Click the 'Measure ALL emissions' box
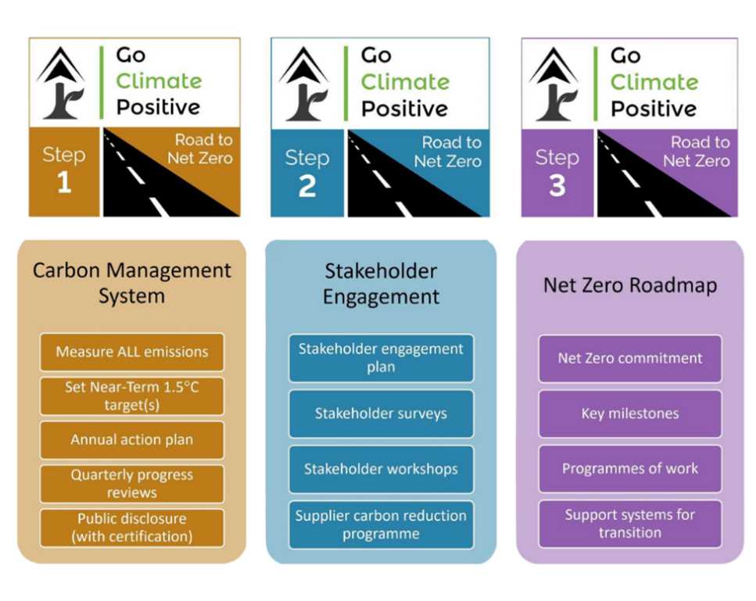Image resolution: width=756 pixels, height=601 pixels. click(x=131, y=352)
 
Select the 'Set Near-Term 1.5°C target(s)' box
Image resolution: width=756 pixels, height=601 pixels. click(x=131, y=396)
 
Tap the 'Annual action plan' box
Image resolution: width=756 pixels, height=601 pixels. click(x=131, y=440)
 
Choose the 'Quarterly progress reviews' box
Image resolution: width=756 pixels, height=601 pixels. click(x=131, y=484)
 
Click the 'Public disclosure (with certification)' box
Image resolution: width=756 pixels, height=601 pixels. click(x=131, y=528)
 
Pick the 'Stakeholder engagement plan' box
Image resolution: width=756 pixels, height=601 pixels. click(x=381, y=358)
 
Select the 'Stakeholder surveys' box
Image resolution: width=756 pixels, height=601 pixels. click(x=381, y=413)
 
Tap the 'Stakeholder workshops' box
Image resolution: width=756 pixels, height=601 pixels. click(x=381, y=469)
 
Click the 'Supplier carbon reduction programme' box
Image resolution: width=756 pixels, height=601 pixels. click(x=381, y=525)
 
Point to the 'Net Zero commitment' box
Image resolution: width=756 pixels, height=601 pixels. click(x=630, y=359)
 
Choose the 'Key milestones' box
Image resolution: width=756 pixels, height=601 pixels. click(x=630, y=413)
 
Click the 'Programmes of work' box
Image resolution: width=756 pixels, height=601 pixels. click(x=630, y=468)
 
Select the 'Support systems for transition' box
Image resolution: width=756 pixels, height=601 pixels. click(x=630, y=524)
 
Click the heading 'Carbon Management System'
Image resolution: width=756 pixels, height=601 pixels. click(x=131, y=283)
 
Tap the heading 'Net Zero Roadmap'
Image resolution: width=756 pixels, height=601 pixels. click(x=630, y=285)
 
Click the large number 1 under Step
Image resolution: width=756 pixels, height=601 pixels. click(x=64, y=183)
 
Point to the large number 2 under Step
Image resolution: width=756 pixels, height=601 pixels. click(x=307, y=186)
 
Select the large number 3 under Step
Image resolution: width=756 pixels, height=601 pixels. click(x=557, y=185)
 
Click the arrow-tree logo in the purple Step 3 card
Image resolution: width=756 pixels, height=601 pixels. click(x=554, y=84)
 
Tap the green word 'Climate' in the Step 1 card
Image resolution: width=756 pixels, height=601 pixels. click(x=159, y=81)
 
